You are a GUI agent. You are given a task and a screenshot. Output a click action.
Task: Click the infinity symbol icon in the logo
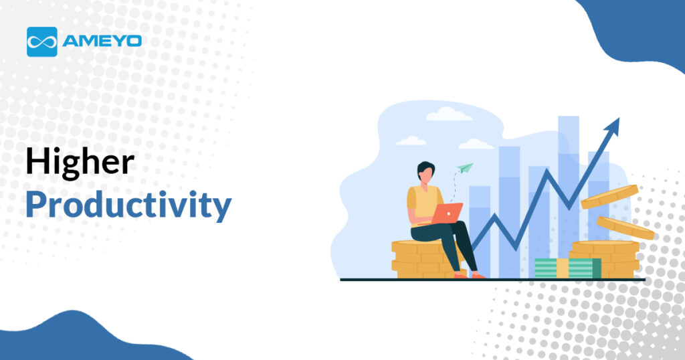click(42, 42)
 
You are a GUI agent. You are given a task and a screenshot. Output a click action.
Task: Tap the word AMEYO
click(102, 41)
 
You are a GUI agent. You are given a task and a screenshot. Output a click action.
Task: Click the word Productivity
click(128, 205)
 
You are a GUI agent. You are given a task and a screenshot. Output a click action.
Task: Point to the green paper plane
click(466, 168)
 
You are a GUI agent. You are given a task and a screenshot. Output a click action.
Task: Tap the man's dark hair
click(425, 168)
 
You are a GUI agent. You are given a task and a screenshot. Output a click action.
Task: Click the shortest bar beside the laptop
click(480, 232)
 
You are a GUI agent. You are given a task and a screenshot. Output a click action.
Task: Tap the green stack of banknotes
click(568, 268)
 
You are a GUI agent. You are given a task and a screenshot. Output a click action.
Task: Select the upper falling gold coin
click(609, 197)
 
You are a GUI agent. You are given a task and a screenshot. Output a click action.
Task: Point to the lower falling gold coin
click(625, 228)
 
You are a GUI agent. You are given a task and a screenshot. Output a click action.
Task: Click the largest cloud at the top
click(449, 114)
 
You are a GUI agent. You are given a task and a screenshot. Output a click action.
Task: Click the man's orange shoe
click(478, 276)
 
